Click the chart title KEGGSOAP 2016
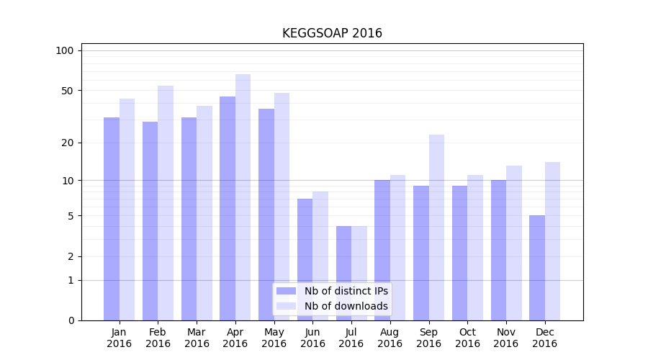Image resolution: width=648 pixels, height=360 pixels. [332, 33]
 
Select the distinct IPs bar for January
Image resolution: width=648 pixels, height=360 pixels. [112, 219]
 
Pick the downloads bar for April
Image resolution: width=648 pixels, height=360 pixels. [243, 197]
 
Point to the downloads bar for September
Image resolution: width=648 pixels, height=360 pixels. [436, 228]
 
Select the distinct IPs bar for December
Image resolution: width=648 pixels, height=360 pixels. [537, 268]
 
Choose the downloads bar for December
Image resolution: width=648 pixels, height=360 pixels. [553, 241]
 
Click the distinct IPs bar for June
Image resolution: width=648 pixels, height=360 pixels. [305, 259]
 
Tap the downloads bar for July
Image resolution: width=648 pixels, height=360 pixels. [359, 273]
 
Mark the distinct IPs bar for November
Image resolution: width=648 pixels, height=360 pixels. [498, 250]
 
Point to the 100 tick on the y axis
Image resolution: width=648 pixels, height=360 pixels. [65, 50]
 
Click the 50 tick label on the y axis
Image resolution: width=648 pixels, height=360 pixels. [67, 91]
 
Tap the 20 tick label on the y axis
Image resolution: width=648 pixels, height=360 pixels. [67, 143]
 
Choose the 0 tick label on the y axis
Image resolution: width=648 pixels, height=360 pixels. [71, 320]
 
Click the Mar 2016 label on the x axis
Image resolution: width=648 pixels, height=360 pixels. [197, 338]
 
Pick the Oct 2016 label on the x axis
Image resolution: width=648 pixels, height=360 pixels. [467, 338]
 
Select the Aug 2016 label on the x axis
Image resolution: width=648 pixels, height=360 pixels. [390, 338]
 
